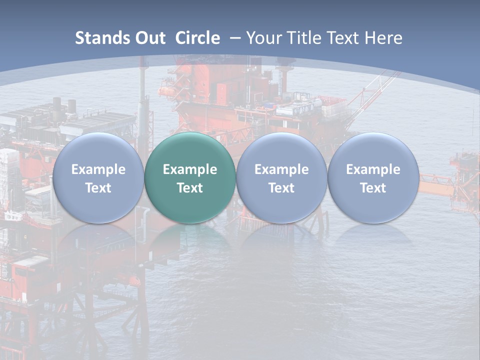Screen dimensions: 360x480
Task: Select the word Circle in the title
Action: click(x=197, y=38)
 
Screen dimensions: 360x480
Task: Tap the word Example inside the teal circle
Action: click(x=190, y=169)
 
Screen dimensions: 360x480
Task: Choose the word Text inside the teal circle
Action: click(x=190, y=188)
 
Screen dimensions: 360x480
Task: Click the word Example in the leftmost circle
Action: click(x=98, y=169)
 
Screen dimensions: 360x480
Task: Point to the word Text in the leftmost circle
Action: click(x=98, y=188)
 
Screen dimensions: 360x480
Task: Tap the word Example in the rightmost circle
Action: click(x=373, y=169)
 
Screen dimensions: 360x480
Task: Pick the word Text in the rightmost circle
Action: click(x=373, y=188)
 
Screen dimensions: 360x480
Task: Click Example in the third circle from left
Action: click(x=281, y=169)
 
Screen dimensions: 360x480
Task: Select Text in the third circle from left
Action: click(x=281, y=188)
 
